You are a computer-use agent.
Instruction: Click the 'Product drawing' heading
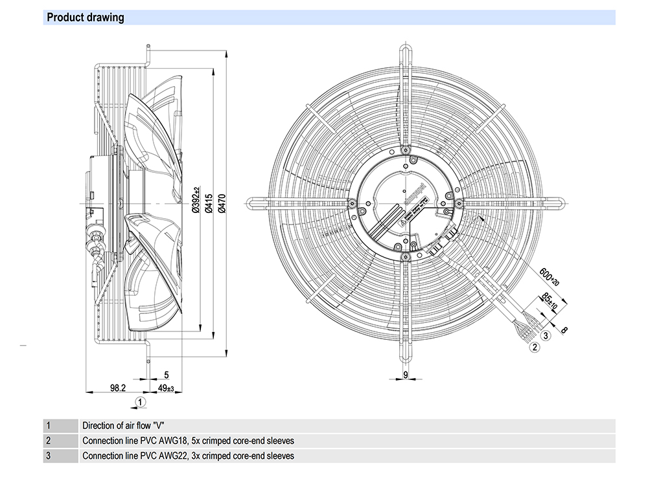[x=85, y=17]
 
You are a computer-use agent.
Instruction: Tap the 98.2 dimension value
[x=117, y=388]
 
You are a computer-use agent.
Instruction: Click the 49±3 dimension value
[x=167, y=388]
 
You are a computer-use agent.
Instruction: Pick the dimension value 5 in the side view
[x=167, y=375]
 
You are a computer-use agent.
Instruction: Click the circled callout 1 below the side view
[x=139, y=402]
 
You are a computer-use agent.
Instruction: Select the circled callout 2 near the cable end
[x=535, y=347]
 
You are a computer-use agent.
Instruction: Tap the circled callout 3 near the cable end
[x=546, y=335]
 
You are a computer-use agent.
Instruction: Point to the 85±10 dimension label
[x=550, y=302]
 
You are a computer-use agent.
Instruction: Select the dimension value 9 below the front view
[x=405, y=375]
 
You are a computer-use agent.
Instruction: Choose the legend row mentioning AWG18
[x=188, y=441]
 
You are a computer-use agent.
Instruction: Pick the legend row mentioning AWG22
[x=188, y=456]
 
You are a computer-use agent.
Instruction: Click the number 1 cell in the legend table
[x=48, y=426]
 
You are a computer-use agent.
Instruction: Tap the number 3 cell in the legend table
[x=48, y=456]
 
